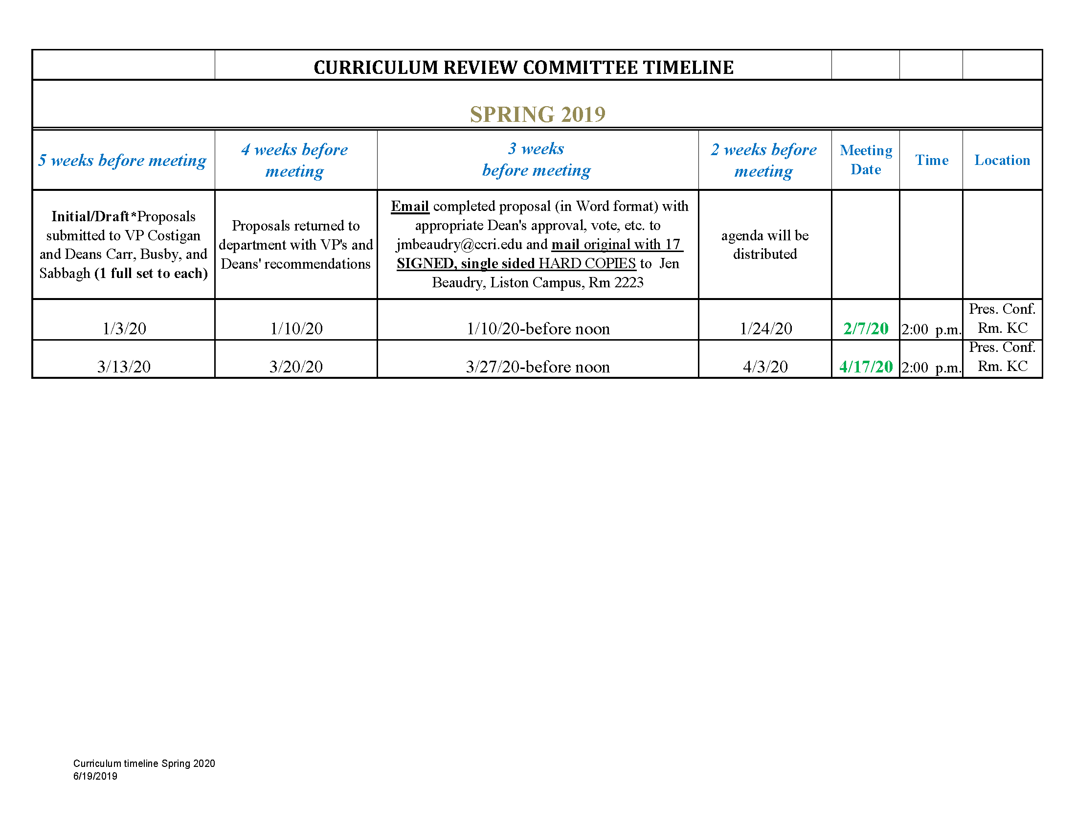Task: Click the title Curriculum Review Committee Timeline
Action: coord(523,68)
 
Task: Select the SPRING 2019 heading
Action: coord(538,115)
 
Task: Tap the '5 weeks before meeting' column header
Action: coord(123,160)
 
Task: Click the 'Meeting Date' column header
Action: coord(866,160)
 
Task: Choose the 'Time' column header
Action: coord(931,160)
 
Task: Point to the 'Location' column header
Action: coord(1002,160)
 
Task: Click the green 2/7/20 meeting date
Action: coord(866,328)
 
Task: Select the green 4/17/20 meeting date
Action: coord(866,367)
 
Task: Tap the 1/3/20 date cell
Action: coord(124,328)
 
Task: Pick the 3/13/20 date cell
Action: coord(124,367)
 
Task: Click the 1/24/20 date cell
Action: coord(765,328)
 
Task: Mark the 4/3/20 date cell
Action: coord(765,367)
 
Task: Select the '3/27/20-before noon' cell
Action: coord(538,367)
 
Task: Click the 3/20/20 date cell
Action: coord(296,367)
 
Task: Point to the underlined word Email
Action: coord(410,206)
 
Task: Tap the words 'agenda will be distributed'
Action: coord(764,245)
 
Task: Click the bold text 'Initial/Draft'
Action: coord(90,216)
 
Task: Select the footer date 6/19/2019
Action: coord(95,776)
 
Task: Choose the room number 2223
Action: coord(628,282)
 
